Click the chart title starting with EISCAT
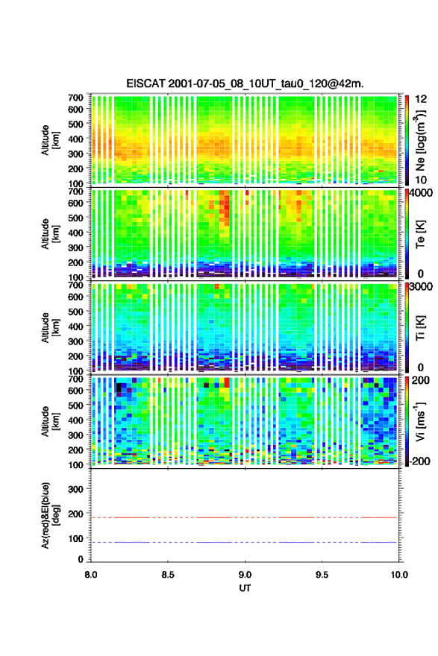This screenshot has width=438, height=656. (245, 83)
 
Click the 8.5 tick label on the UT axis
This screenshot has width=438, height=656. (168, 575)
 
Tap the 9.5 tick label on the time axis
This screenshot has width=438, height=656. (322, 575)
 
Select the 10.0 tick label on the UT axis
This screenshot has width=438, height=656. (399, 575)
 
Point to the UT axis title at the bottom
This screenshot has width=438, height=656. (245, 588)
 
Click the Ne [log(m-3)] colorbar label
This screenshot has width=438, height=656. (421, 140)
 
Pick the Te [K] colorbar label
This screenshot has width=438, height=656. (420, 234)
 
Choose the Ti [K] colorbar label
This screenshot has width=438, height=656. (420, 328)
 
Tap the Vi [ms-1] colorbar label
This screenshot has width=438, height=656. (420, 421)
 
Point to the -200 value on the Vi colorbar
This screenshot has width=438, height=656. (419, 461)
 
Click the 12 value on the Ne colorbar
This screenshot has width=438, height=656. (422, 99)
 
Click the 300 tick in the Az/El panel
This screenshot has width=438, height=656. (76, 489)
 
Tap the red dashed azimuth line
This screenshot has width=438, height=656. (244, 517)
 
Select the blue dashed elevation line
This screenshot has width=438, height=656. (244, 542)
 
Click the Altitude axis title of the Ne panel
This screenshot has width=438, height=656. (50, 140)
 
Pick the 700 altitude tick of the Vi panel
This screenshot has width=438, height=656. (76, 379)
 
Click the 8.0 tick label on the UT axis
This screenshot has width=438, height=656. (91, 575)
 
